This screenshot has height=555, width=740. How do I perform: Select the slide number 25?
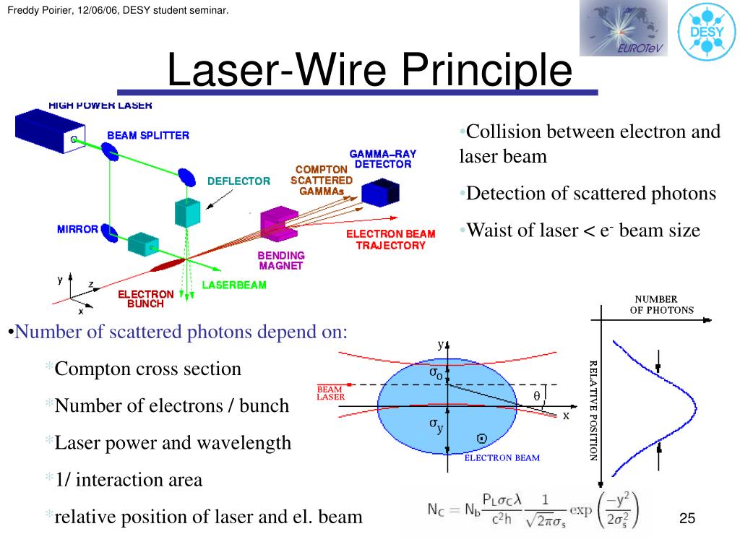pos(687,519)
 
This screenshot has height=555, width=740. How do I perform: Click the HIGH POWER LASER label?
pos(100,106)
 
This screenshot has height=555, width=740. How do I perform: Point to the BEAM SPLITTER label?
pos(148,135)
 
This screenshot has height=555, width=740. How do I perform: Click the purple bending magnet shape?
pos(277,224)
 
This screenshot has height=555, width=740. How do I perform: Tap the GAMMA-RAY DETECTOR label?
pos(382,159)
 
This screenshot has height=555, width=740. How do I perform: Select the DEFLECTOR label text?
pos(238,181)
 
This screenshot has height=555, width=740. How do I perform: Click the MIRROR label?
pos(77,230)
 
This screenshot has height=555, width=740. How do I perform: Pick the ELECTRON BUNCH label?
pos(146,299)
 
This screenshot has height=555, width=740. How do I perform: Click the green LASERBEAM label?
pos(233,285)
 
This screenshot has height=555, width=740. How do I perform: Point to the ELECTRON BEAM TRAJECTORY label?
pos(391,239)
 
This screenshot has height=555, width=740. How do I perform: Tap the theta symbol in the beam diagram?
pos(536,396)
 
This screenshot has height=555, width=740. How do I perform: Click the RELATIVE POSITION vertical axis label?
pos(593,410)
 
